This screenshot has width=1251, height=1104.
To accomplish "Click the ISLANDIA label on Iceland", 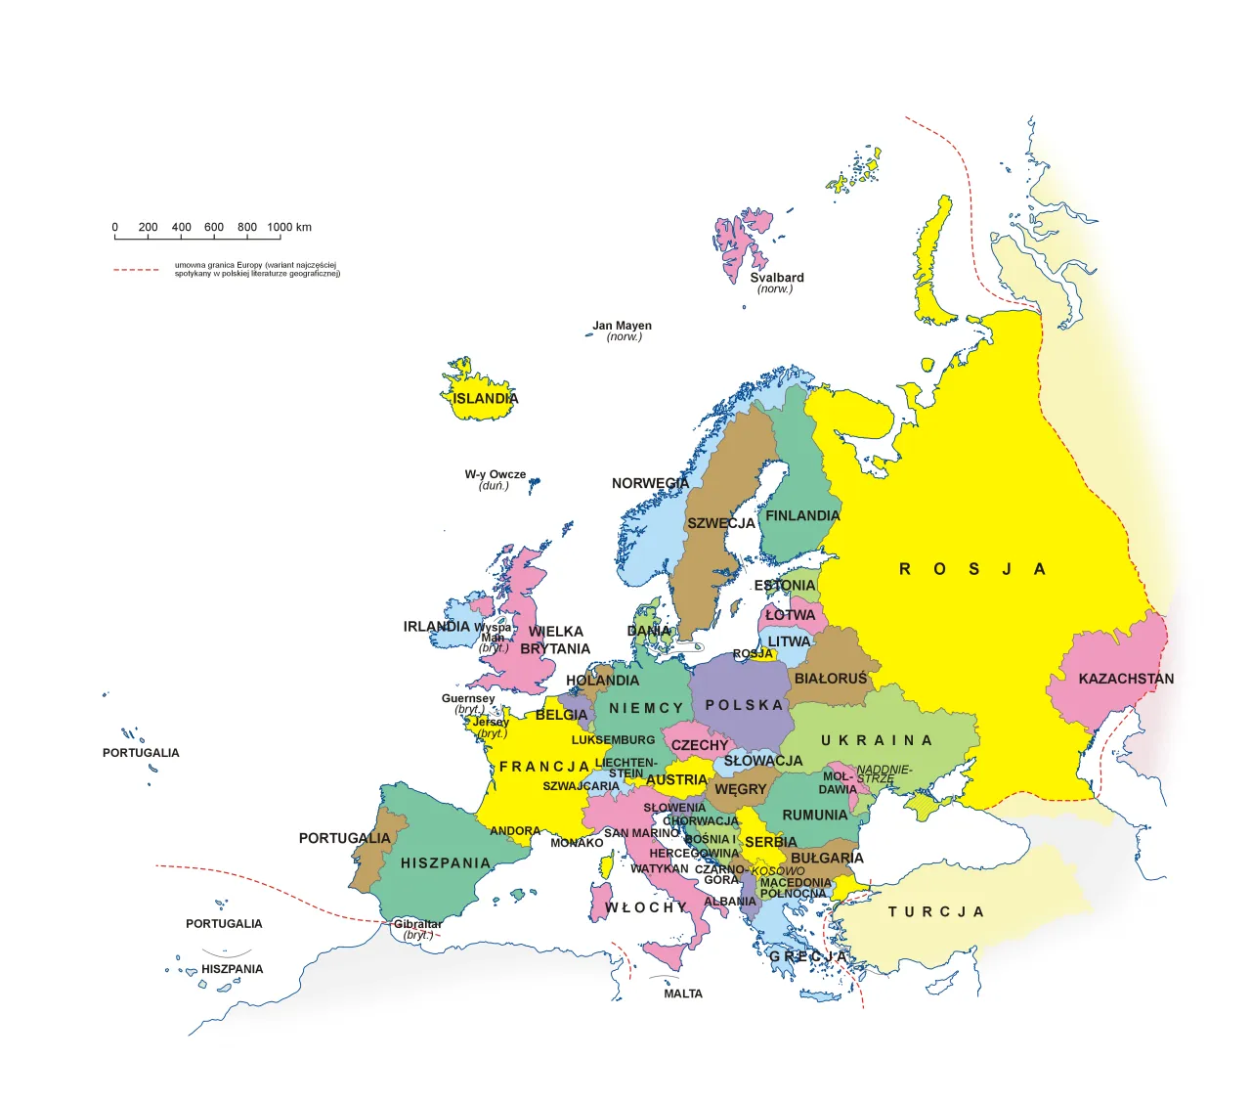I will (485, 399).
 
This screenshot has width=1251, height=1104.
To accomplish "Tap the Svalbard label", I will (777, 278).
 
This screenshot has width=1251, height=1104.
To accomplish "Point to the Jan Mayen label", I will (622, 326).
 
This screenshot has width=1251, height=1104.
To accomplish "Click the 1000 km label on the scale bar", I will (289, 227).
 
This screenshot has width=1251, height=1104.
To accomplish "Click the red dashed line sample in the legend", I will (136, 270).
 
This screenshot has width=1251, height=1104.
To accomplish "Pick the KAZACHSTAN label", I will (1126, 679).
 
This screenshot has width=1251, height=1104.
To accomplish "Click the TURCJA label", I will (935, 911).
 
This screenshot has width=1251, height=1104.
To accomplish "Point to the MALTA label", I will (683, 994).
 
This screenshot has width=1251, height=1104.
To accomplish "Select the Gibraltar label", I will (418, 924).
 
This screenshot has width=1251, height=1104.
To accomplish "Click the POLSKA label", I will (745, 705).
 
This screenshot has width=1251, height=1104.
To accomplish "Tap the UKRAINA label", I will (877, 740).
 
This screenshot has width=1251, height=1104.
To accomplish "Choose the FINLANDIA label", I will (802, 515).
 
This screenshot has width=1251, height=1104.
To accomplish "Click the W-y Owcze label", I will (495, 474).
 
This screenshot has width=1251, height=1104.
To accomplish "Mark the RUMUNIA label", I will (815, 815).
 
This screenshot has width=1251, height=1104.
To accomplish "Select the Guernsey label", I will (468, 698).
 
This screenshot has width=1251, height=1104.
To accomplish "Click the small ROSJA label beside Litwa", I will (753, 653).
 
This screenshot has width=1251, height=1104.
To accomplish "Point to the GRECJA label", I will (807, 955).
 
